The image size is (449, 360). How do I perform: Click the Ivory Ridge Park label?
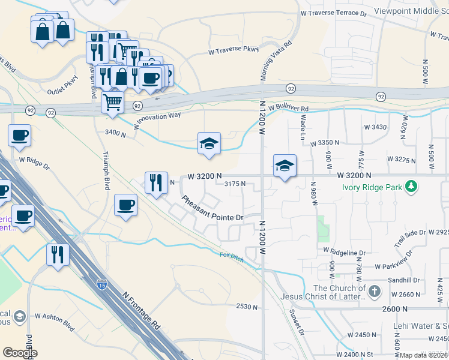pos(372,187)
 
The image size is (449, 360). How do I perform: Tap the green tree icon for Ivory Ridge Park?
pos(411,187)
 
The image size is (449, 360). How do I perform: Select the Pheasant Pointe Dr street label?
pos(212,209)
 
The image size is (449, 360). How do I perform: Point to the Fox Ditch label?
pos(231,256)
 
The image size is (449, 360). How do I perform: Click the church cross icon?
pos(375,292)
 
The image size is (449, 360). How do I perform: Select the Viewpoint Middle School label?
pos(411,11)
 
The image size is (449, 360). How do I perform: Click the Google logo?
pos(20,353)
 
